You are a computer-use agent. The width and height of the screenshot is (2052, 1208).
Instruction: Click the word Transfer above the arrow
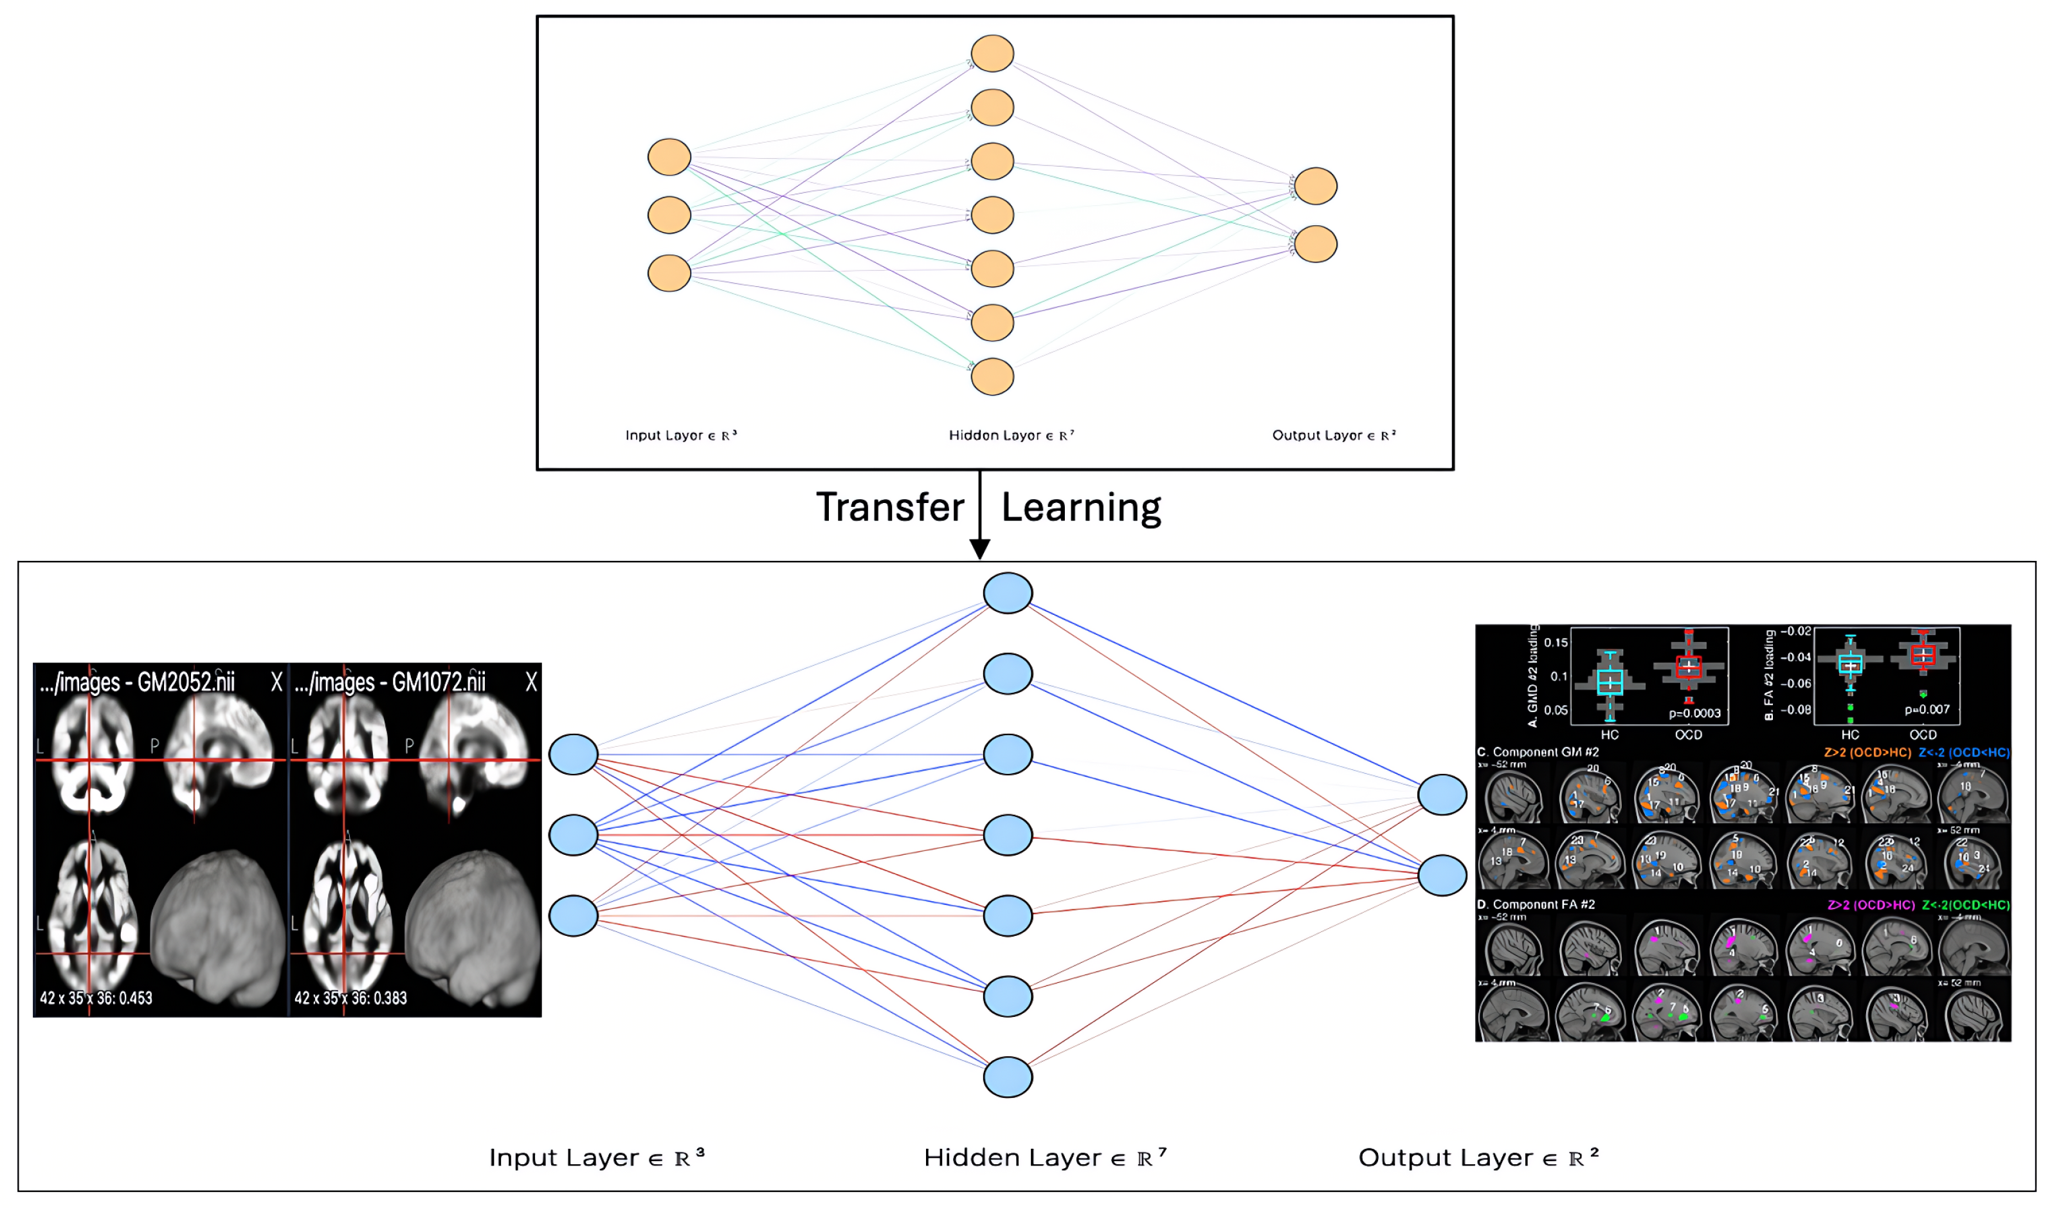889,508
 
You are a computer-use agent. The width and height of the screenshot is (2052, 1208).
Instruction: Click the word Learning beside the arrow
1080,508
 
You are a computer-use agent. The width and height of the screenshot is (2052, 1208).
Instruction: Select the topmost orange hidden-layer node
992,54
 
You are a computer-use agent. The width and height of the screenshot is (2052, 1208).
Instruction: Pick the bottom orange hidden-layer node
992,376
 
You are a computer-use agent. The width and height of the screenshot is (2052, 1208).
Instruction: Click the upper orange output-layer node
1315,186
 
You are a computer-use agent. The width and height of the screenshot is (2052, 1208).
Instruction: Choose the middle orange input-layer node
669,215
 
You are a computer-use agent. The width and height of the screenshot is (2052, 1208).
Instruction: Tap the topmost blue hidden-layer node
1007,593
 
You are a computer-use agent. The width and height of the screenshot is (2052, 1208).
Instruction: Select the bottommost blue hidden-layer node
1007,1077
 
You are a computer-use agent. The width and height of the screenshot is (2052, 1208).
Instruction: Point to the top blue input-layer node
573,755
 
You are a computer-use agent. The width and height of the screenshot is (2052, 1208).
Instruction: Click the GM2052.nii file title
186,682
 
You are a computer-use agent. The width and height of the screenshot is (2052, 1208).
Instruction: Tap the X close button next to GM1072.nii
531,682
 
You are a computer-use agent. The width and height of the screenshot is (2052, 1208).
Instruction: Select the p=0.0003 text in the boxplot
1694,713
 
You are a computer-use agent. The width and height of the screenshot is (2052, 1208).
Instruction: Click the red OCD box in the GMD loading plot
1688,666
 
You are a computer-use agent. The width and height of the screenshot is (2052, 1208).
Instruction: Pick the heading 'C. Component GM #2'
1538,753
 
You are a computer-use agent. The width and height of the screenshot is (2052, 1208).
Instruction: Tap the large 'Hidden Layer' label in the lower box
1045,1157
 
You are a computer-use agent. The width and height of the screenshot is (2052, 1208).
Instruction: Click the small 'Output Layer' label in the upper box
1333,435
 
